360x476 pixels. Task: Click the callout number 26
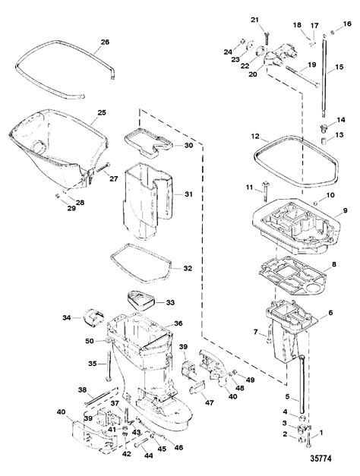coord(105,41)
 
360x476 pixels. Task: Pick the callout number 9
coord(344,210)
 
